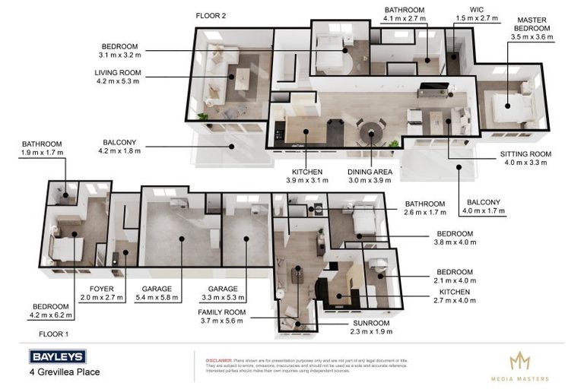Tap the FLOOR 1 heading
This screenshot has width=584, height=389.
tap(53, 334)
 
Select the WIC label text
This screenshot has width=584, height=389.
tap(477, 10)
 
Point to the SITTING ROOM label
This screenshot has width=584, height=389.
tap(525, 153)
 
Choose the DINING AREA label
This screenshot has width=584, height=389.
tap(371, 172)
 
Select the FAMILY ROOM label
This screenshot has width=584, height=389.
tap(221, 312)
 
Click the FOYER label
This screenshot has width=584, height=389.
tap(101, 289)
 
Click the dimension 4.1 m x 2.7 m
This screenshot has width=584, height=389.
tap(404, 19)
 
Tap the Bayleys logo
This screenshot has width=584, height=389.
tap(57, 356)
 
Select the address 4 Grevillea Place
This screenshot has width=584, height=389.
tap(65, 372)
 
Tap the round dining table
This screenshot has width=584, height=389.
tap(370, 129)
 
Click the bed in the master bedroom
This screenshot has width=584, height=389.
tap(510, 106)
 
